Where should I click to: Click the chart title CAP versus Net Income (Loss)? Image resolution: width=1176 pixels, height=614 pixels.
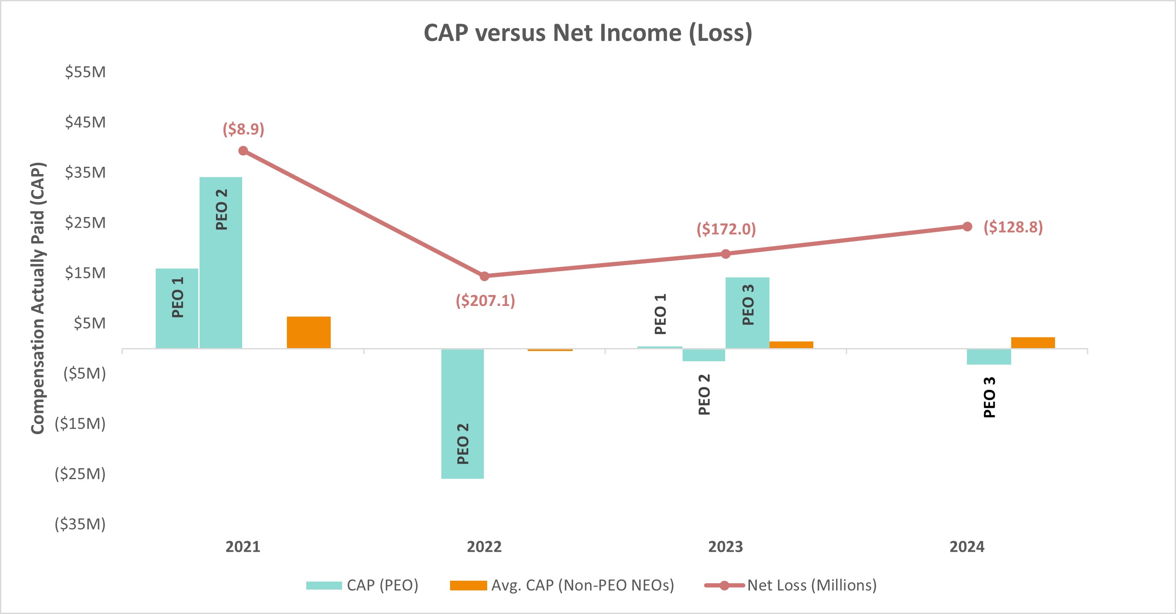[x=588, y=33]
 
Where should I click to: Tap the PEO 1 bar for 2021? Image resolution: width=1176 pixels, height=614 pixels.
[x=177, y=308]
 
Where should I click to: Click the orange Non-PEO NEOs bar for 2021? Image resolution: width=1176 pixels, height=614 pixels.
[x=309, y=332]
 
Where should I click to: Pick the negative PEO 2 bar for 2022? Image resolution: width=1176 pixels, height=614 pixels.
[x=462, y=413]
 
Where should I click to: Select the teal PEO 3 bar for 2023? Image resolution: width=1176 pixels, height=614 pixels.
[x=747, y=313]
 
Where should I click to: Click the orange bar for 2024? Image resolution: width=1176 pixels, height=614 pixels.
[x=1033, y=343]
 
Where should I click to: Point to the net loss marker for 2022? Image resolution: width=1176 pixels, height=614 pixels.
[x=484, y=276]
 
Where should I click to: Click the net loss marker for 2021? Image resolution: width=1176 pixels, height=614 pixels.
[x=243, y=151]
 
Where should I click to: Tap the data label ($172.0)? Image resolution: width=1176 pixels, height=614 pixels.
[x=726, y=228]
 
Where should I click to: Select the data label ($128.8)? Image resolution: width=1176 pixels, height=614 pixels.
[x=1013, y=227]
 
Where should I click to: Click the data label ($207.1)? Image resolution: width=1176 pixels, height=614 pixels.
[x=485, y=300]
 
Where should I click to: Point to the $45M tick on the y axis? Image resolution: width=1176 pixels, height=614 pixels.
[x=85, y=122]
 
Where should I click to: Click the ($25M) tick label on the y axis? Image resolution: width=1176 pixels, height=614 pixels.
[x=80, y=474]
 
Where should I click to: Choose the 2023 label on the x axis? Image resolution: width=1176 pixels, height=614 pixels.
[x=726, y=547]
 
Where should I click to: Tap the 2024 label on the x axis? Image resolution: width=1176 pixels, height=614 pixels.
[x=967, y=547]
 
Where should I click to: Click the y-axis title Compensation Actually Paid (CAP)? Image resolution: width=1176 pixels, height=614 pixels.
[x=38, y=298]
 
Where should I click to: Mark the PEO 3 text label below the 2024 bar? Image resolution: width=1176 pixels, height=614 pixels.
[x=989, y=397]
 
